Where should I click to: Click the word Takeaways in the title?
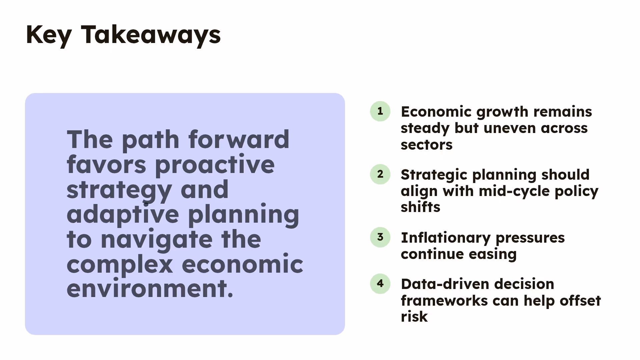click(x=151, y=35)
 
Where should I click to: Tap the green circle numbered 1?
click(x=380, y=111)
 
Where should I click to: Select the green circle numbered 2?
click(x=380, y=174)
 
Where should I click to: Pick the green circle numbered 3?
click(x=380, y=237)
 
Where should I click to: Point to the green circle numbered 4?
click(x=380, y=283)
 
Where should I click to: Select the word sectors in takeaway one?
click(x=426, y=145)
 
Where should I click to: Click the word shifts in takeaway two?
click(x=420, y=207)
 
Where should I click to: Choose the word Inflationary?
click(x=445, y=238)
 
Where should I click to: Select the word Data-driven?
click(x=445, y=284)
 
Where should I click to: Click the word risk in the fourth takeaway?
click(x=414, y=317)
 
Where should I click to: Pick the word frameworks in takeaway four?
click(x=444, y=301)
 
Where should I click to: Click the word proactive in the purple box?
click(x=215, y=165)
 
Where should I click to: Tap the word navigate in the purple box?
click(x=156, y=240)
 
